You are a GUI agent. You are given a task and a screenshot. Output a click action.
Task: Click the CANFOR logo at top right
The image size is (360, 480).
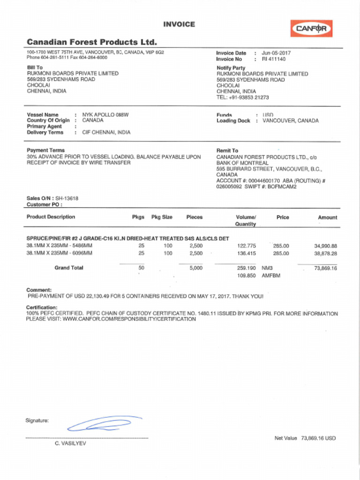tap(311, 29)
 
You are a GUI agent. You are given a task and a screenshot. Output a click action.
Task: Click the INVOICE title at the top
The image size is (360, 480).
tap(179, 24)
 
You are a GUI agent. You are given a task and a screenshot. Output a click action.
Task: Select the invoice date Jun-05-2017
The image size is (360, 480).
tap(276, 53)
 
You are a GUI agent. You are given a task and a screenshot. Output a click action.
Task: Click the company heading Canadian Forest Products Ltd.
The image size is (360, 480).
tap(92, 42)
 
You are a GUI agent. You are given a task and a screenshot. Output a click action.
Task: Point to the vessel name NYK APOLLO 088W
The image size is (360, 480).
tap(105, 115)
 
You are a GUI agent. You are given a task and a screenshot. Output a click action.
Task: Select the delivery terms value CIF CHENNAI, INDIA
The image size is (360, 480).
tap(106, 132)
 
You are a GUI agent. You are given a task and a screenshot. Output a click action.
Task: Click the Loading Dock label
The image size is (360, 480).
tap(233, 121)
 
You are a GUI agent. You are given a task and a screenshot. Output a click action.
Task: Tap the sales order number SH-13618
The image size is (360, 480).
tap(67, 198)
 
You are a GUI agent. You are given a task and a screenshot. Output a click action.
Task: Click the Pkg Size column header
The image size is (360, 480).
tap(162, 217)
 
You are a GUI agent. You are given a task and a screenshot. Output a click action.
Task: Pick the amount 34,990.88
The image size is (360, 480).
tap(325, 246)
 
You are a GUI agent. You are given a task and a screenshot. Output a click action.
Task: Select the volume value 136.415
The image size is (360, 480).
tap(247, 253)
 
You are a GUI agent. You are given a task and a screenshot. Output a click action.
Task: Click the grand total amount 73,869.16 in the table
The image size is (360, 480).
tap(325, 268)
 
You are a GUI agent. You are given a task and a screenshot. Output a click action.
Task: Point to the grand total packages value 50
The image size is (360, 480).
tap(141, 268)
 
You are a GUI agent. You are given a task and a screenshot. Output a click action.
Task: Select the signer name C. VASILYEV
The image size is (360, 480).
tap(70, 443)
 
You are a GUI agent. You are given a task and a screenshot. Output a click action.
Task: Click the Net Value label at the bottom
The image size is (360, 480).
tap(286, 438)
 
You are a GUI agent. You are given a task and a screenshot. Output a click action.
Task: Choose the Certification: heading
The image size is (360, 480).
tap(42, 307)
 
